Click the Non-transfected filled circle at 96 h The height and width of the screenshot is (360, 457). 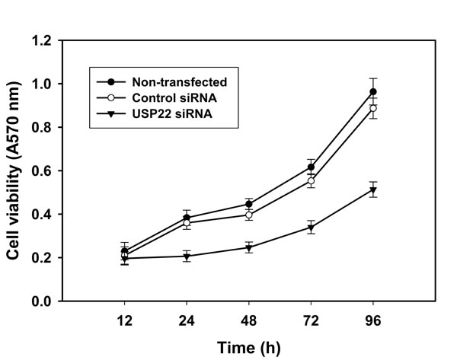click(x=373, y=92)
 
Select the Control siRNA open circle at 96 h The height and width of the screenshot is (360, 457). click(x=373, y=108)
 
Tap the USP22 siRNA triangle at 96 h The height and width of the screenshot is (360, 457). click(x=373, y=190)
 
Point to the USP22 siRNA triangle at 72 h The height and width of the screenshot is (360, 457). click(x=311, y=227)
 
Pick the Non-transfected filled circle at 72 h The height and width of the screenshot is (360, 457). click(x=311, y=167)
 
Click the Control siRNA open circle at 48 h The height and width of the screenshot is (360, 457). click(x=249, y=215)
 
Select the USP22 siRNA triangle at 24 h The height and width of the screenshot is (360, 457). click(x=187, y=256)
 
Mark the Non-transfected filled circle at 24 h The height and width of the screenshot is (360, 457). click(x=187, y=218)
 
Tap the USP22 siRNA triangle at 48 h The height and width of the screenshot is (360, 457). click(x=249, y=247)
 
